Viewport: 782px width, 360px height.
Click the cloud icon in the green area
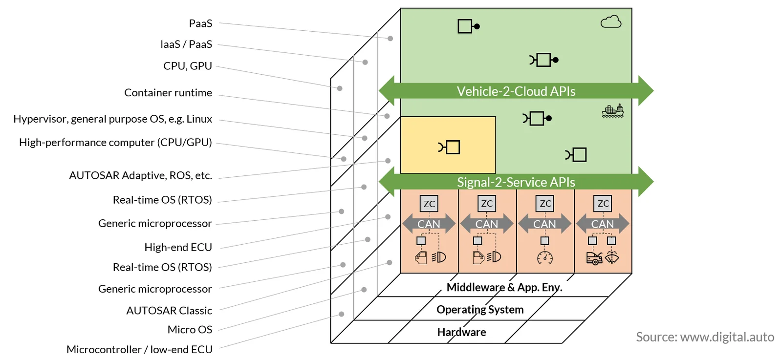[x=611, y=22]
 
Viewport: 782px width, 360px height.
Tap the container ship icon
[x=613, y=110]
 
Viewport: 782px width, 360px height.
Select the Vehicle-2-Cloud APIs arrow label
[x=516, y=91]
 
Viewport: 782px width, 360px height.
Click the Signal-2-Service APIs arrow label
[x=516, y=182]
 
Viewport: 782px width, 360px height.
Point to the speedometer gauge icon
[x=545, y=258]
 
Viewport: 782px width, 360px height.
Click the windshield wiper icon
[x=611, y=258]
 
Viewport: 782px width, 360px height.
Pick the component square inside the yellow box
[x=453, y=147]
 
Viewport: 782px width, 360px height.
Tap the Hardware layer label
[x=461, y=332]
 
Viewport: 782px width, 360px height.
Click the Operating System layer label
[x=480, y=309]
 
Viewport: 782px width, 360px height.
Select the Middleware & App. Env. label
[x=504, y=287]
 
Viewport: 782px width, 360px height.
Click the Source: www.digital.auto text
[x=705, y=337]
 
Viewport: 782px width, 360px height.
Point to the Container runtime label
[x=168, y=92]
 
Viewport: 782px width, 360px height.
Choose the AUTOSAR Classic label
[x=169, y=311]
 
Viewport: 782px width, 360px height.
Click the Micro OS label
[x=190, y=329]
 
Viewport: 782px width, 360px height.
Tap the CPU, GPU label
[x=188, y=66]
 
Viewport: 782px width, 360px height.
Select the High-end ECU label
[x=178, y=247]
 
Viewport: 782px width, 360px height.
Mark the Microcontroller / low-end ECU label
[x=139, y=349]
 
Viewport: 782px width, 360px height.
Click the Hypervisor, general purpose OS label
[x=113, y=119]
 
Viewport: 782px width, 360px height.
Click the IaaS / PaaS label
[x=186, y=44]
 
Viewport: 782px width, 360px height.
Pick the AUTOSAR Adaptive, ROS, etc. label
[x=141, y=175]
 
